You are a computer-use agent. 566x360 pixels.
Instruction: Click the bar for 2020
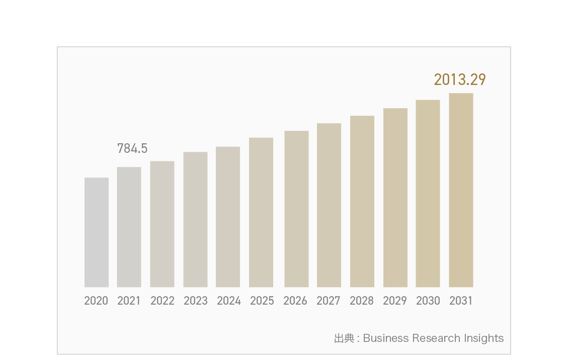(97, 232)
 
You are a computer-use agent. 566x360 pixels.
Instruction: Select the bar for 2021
(129, 227)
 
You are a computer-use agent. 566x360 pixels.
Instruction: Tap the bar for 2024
(228, 217)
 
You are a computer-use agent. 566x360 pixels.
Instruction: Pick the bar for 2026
(296, 209)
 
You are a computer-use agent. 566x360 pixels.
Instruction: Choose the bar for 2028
(362, 202)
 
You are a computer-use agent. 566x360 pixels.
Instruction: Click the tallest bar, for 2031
(461, 190)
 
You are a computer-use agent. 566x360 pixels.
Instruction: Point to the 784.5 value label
(132, 148)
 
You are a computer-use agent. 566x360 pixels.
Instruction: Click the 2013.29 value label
(460, 79)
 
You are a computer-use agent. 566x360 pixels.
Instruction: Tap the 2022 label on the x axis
(163, 301)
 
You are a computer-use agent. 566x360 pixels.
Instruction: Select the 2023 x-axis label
(196, 301)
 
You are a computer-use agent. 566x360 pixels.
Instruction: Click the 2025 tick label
(262, 301)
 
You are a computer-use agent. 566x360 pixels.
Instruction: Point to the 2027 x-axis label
(329, 301)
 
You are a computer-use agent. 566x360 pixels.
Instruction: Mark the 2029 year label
(395, 301)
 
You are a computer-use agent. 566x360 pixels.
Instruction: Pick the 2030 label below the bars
(428, 301)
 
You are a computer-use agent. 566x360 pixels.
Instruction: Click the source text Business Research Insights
(433, 338)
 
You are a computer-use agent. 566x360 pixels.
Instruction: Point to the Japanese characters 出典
(344, 338)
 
